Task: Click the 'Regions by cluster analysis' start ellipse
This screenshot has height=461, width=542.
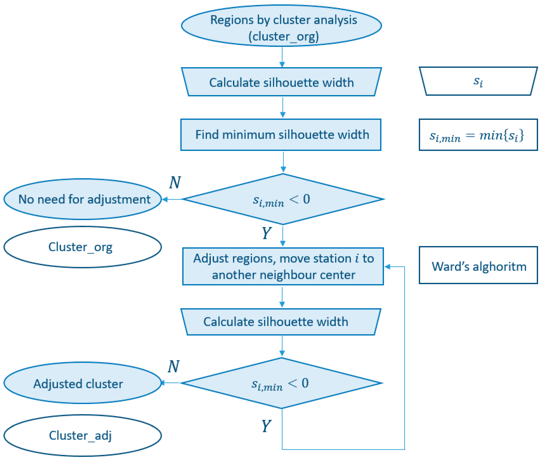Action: coord(281,26)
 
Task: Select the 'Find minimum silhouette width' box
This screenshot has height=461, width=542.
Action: coord(281,135)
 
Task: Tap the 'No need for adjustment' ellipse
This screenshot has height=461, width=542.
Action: coord(82,199)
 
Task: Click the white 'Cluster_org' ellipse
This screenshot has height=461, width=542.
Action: coord(82,247)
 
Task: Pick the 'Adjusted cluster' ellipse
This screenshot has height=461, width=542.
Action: coord(82,383)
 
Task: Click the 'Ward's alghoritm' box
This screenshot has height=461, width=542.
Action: coord(478,265)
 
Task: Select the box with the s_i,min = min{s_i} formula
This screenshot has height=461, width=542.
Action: coord(478,135)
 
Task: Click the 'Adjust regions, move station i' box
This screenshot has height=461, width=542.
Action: coord(283,266)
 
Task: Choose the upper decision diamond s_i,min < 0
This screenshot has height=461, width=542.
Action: coord(283,199)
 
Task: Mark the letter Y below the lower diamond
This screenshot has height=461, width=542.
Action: coord(266,426)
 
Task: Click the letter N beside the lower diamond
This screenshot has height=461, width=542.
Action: coord(173,366)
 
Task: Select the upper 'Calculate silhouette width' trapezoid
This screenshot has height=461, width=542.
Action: coord(281,82)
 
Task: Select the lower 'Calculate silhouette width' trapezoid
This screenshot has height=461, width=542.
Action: coord(281,322)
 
